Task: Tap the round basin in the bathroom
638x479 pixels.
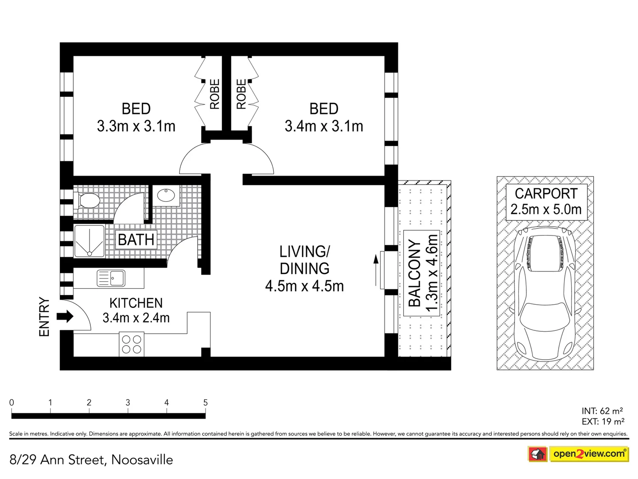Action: (166, 195)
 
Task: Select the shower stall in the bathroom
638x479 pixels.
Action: (89, 241)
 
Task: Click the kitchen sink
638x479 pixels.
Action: (111, 279)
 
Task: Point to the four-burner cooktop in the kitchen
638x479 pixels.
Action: (132, 344)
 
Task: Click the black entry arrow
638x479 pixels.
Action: (65, 316)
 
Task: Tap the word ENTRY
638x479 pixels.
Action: (44, 317)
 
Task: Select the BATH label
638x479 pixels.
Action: (136, 240)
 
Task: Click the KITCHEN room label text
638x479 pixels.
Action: (136, 303)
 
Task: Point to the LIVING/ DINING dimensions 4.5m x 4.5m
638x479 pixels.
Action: (304, 286)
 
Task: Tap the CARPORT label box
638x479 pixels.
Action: (546, 202)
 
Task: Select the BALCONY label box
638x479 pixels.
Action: (422, 273)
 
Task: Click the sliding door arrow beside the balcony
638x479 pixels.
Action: (376, 270)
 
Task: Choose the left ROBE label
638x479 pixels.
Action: (214, 94)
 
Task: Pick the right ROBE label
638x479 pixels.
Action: (241, 94)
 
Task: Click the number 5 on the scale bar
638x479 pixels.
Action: (205, 403)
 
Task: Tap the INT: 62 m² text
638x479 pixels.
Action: (602, 411)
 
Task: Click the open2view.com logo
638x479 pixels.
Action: (588, 454)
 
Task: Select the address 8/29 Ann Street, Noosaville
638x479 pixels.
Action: (91, 460)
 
